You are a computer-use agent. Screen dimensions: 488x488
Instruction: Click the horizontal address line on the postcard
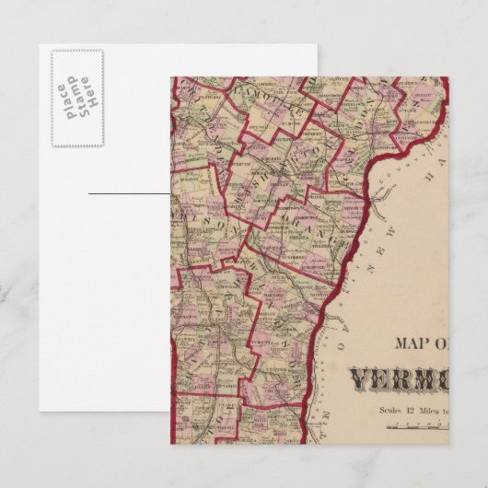tap(130, 194)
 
